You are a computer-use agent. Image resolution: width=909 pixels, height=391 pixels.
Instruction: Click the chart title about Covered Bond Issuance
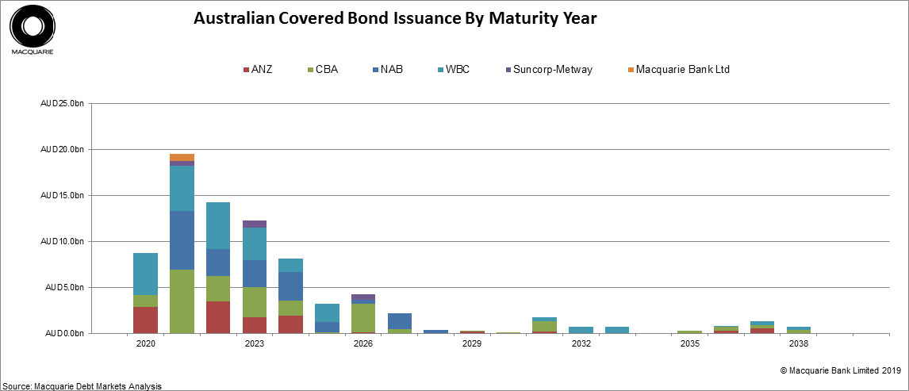395,18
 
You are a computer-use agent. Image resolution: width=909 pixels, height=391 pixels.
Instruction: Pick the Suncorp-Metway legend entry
547,70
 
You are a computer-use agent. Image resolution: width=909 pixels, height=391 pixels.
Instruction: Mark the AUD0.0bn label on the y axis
63,333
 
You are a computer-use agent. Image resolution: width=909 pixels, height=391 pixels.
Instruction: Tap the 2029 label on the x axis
472,344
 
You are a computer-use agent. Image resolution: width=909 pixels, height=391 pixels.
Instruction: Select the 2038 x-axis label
798,344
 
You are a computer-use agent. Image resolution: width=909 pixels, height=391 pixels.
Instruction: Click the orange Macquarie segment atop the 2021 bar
182,157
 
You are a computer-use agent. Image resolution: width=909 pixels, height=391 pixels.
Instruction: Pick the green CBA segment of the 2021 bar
182,301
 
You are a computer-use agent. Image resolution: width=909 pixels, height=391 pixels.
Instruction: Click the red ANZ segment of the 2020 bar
145,320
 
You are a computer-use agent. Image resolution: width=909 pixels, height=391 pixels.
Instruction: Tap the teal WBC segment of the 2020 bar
145,274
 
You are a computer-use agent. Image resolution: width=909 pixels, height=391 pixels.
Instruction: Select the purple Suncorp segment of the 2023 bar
254,224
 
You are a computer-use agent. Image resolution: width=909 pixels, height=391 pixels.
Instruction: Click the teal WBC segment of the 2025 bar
327,312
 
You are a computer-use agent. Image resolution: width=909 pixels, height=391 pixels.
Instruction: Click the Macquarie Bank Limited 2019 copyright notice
840,370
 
